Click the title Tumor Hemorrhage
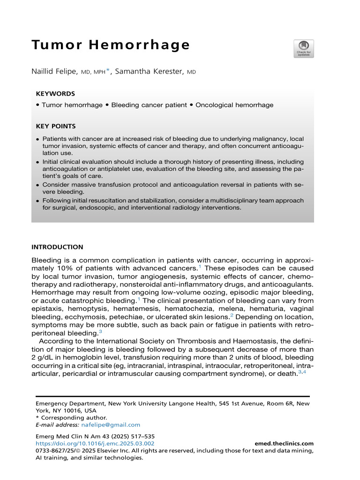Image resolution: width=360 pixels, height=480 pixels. pos(111,45)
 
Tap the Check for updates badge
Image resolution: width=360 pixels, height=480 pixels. pos(304,48)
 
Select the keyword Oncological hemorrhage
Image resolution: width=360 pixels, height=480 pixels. pos(234,105)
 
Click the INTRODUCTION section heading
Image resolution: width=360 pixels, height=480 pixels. pos(57,247)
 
